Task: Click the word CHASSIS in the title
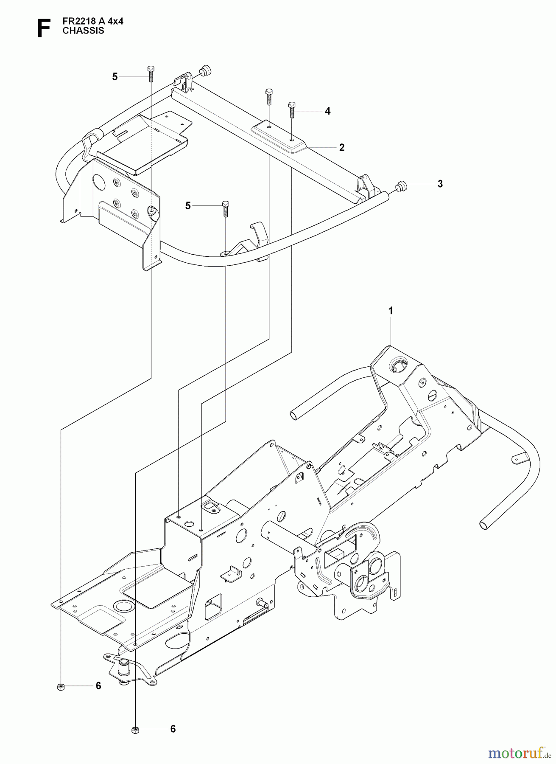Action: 83,31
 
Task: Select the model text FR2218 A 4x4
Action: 93,21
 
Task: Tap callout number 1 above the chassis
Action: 391,311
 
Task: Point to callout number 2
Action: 342,148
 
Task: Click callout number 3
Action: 440,184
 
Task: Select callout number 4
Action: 327,111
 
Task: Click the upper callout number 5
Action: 115,77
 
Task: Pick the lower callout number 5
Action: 188,205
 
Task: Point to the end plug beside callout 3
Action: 400,185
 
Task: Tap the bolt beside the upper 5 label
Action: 151,74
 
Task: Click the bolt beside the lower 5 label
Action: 226,208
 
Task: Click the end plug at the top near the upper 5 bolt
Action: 206,69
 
